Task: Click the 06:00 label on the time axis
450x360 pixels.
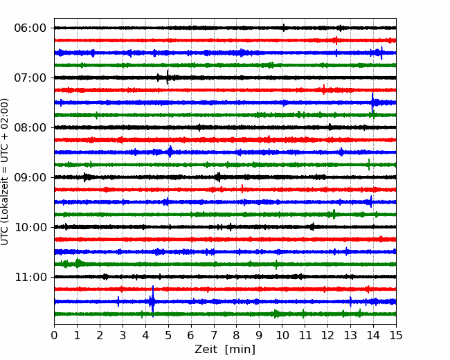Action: click(x=30, y=28)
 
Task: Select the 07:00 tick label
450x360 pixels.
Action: click(x=30, y=78)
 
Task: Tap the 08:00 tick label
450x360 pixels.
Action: click(x=30, y=127)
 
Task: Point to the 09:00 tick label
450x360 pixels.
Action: click(x=30, y=177)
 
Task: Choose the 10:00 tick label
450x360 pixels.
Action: click(x=30, y=227)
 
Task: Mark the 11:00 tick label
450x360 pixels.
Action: click(x=30, y=277)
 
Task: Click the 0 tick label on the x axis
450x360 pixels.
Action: click(x=54, y=335)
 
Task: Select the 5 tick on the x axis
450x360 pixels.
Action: click(x=168, y=335)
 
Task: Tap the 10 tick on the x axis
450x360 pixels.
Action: click(x=282, y=335)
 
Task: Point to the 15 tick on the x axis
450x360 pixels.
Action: click(x=396, y=335)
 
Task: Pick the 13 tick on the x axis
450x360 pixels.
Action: click(x=350, y=335)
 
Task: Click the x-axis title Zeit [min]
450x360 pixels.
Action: click(x=225, y=350)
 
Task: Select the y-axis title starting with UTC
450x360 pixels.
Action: click(x=5, y=172)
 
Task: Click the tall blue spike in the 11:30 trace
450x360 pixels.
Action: click(x=153, y=301)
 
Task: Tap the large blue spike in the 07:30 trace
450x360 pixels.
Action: click(x=372, y=102)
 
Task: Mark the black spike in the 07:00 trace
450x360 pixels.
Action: click(x=168, y=78)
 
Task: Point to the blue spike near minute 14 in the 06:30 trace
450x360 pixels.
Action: click(x=381, y=53)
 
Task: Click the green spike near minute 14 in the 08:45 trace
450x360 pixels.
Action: click(x=369, y=165)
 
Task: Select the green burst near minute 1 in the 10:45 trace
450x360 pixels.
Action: click(x=78, y=263)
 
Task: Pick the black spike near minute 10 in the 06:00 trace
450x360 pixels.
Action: click(x=284, y=28)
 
